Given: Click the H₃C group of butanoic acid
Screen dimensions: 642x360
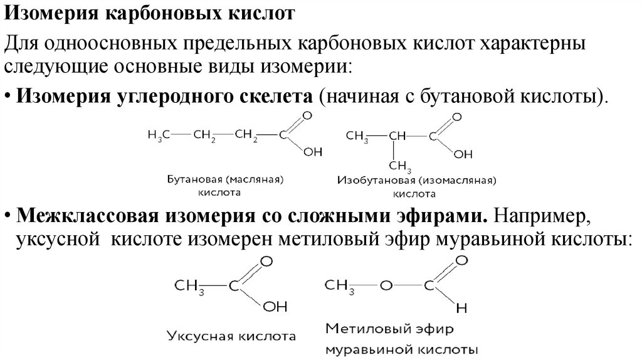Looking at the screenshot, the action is (157, 135).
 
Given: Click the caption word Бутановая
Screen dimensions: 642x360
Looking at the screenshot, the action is (191, 179).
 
